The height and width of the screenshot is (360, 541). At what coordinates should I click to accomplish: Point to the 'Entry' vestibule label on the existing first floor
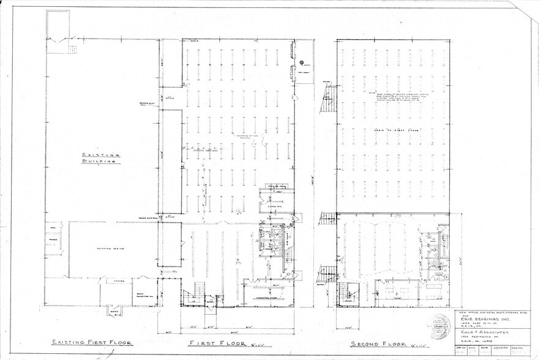pos(114,311)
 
